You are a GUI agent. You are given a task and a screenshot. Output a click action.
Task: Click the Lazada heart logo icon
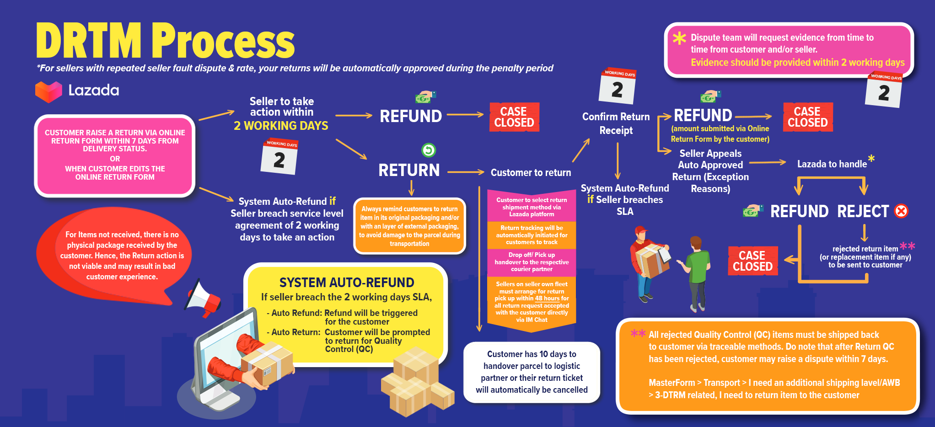pos(48,91)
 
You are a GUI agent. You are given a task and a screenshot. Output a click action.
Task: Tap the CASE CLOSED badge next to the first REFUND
pos(514,117)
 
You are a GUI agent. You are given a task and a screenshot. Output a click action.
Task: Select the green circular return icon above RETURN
pos(429,150)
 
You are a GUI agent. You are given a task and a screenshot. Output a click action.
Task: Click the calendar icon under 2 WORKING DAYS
pos(279,156)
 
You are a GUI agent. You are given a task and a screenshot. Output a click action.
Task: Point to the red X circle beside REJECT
pos(901,211)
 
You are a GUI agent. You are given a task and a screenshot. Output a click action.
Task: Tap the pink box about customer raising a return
pos(115,155)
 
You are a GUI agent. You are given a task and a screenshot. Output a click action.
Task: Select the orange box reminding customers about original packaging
pos(409,226)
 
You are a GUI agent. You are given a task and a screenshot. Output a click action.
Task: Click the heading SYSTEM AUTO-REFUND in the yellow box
pos(347,283)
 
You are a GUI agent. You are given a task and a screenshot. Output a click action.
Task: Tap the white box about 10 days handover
pos(532,372)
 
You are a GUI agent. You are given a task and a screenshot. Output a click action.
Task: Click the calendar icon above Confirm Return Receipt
pos(618,86)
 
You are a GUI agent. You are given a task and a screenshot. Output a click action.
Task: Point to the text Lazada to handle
pos(832,164)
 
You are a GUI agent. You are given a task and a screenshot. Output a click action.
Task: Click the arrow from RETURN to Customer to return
pos(465,172)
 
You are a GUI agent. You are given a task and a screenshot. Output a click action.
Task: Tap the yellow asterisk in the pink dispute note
pos(679,38)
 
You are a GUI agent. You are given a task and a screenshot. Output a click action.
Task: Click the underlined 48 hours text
pos(547,299)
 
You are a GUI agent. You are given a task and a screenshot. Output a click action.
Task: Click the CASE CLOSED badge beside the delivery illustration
pos(752,261)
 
